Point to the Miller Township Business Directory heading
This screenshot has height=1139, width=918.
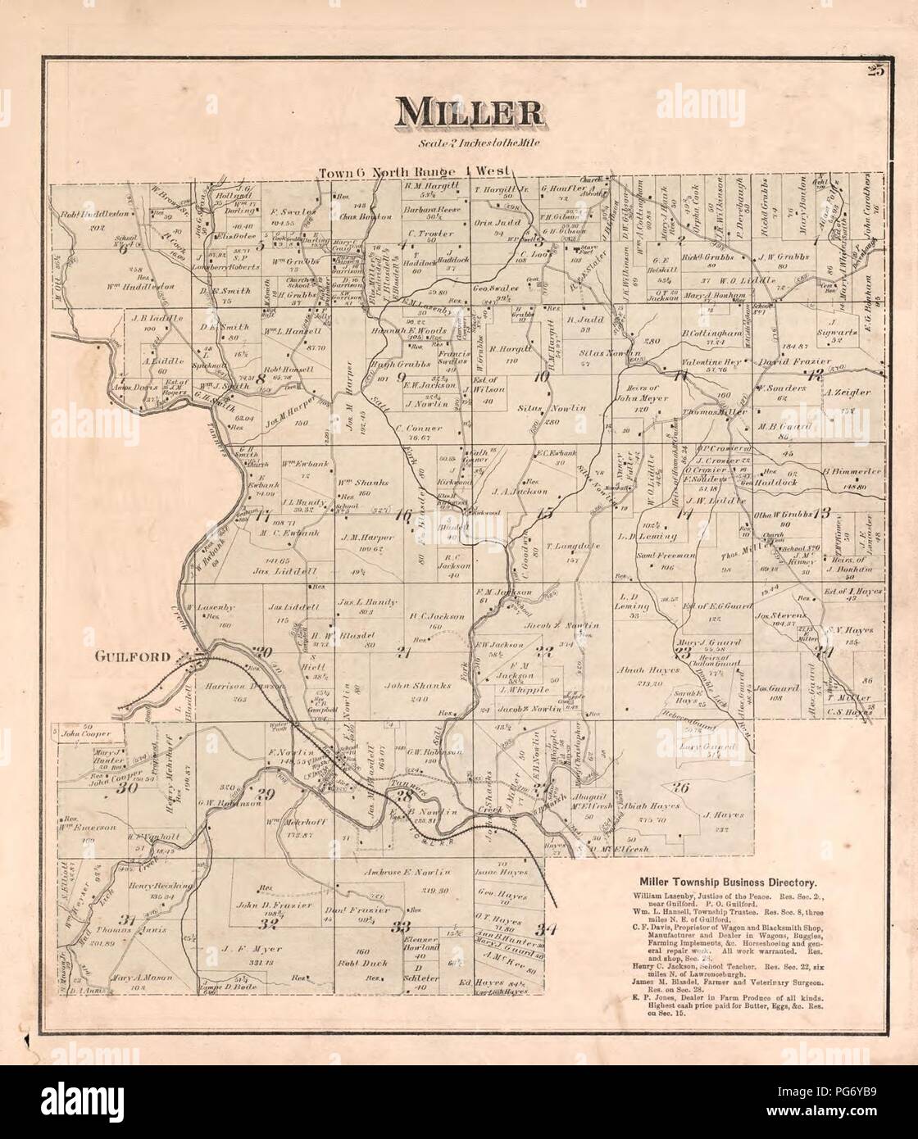(722, 883)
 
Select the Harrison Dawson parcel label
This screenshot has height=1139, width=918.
(244, 687)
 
